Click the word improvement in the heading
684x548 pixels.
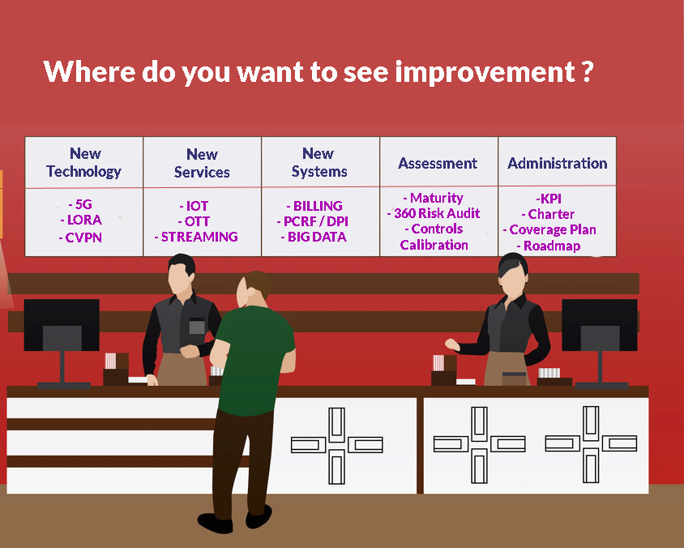tap(485, 72)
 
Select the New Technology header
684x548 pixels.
tap(84, 163)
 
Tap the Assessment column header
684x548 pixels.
tap(438, 163)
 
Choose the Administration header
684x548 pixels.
tap(557, 163)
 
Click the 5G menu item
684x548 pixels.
tap(80, 204)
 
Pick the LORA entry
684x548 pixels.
tap(81, 220)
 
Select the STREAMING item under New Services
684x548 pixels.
tap(196, 237)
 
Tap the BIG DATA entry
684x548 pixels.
tap(314, 237)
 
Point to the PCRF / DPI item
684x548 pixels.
tap(312, 221)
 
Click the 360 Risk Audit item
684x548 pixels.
tap(434, 213)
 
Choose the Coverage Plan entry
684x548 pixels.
tap(549, 230)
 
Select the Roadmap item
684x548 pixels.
tap(549, 246)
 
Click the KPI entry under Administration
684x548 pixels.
tap(549, 199)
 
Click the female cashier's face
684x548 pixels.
tap(513, 280)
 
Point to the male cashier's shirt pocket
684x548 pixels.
tap(197, 326)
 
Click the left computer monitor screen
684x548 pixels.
tap(62, 325)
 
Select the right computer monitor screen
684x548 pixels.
tap(600, 325)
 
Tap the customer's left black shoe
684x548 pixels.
tap(215, 523)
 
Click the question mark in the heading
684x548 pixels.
tap(588, 71)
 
